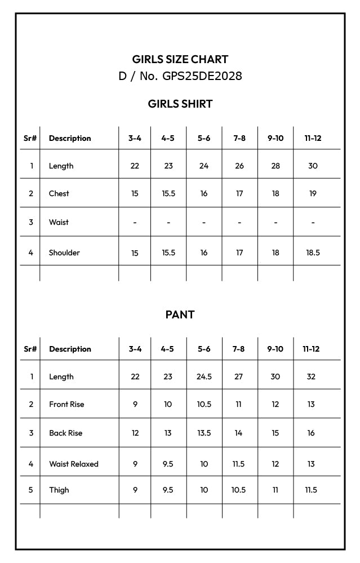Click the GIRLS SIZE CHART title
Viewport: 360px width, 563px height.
(x=180, y=59)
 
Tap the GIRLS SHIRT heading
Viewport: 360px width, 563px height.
(x=180, y=104)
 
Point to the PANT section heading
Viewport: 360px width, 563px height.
(x=180, y=314)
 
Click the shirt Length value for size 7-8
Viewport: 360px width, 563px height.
(x=239, y=166)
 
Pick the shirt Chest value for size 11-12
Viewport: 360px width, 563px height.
(x=313, y=193)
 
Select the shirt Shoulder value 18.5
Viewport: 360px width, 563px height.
(x=313, y=252)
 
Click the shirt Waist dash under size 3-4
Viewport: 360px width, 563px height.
(x=135, y=223)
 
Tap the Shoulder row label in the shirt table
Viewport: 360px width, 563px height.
(x=64, y=252)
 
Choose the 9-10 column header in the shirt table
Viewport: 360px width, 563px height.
(x=275, y=138)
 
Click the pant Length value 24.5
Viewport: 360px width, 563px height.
(x=204, y=376)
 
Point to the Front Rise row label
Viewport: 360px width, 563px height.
(x=66, y=404)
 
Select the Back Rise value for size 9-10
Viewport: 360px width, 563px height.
(x=275, y=433)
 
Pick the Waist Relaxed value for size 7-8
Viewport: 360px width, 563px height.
(x=239, y=464)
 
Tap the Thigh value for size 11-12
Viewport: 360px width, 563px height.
(x=311, y=490)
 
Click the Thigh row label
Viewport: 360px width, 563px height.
(x=59, y=490)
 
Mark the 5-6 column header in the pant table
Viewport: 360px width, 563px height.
(x=204, y=349)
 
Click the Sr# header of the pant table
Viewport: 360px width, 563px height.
(x=30, y=349)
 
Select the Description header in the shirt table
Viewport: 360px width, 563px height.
(x=70, y=138)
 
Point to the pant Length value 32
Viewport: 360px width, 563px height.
(x=311, y=376)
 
